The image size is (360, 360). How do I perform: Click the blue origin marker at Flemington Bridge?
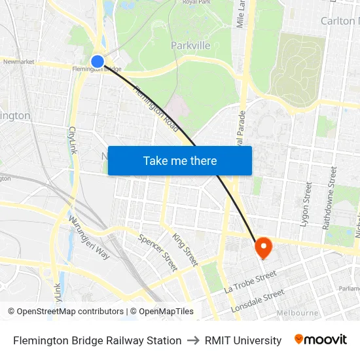[x=98, y=62]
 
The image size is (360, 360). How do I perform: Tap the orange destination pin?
[x=263, y=246]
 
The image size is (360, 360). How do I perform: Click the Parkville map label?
[x=190, y=46]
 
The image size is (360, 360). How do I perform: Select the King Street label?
[x=185, y=249]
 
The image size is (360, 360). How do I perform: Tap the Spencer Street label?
[x=158, y=252]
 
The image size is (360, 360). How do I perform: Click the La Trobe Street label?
[x=250, y=283]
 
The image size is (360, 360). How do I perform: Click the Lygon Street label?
[x=305, y=204]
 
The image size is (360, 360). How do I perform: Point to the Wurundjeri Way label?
[x=89, y=238]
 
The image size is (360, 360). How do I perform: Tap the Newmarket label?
[x=18, y=62]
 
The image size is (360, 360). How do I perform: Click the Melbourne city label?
[x=297, y=313]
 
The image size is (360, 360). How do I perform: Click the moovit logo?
[x=321, y=340]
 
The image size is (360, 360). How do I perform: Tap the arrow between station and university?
[x=193, y=340]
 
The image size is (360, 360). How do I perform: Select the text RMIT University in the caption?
[x=243, y=340]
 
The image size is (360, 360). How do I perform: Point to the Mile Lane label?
[x=240, y=14]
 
